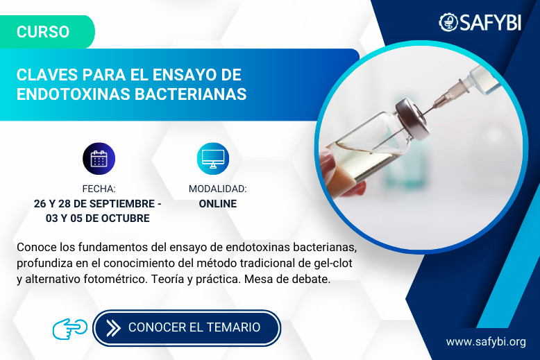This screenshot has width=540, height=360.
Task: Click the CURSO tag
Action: pos(43,32)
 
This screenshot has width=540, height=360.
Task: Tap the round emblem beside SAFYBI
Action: pos(448,22)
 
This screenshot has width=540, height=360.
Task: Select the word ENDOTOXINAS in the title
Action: pos(68,94)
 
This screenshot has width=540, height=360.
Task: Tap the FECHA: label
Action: pos(99,189)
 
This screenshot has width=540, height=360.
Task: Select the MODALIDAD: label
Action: pos(217,189)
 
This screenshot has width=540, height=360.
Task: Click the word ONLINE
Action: pos(217,204)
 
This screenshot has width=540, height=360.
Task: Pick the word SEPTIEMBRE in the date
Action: pos(118,204)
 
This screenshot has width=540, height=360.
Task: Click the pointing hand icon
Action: pos(69,327)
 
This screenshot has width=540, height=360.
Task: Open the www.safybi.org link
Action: pos(485,342)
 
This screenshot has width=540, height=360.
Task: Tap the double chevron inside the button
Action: pos(113,327)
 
